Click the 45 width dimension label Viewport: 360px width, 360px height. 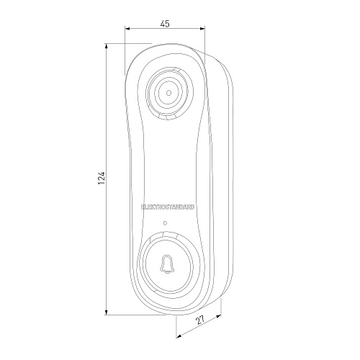pyautogui.click(x=165, y=24)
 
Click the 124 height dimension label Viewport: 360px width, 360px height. pyautogui.click(x=102, y=178)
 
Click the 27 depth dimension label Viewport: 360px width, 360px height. pyautogui.click(x=200, y=320)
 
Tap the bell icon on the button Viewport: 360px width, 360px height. pyautogui.click(x=167, y=264)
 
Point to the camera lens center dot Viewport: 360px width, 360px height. pyautogui.click(x=168, y=93)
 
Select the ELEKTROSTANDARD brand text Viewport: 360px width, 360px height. pyautogui.click(x=168, y=207)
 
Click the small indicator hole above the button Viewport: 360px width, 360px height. pyautogui.click(x=165, y=223)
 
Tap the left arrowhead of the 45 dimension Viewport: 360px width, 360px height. pyautogui.click(x=127, y=29)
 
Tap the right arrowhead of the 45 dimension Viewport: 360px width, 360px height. pyautogui.click(x=202, y=29)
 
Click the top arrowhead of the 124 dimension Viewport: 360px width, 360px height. pyautogui.click(x=106, y=46)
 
